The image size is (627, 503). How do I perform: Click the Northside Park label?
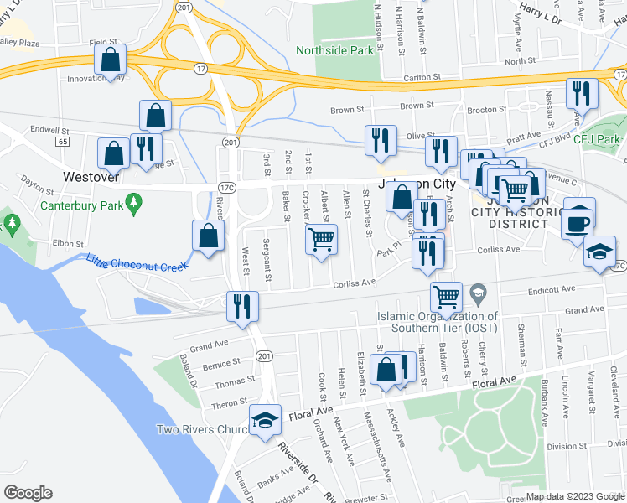334,51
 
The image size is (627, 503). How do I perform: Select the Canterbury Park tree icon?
132,202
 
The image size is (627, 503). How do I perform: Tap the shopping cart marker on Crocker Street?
322,240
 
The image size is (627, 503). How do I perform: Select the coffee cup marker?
578,220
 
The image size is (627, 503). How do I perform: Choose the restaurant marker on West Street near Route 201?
242,305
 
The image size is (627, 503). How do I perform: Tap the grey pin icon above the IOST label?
478,293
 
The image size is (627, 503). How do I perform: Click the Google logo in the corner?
28,493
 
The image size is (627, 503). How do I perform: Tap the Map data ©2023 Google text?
575,496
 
